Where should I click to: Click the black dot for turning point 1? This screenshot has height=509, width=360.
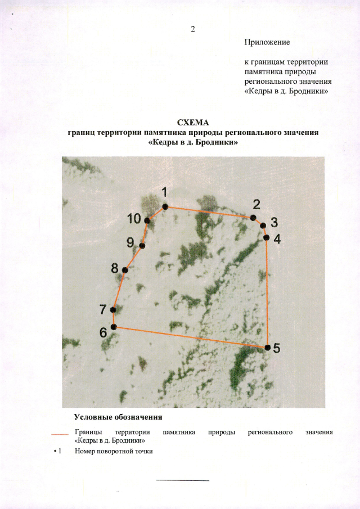pos(165,207)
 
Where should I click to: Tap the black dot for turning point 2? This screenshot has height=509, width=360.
pos(253,218)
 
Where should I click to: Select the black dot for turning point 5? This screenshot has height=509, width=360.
pos(268,348)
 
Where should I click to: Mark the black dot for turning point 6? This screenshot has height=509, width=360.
pos(114,327)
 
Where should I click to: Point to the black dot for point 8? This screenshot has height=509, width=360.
pos(125,270)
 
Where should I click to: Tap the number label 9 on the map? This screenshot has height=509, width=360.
pos(130,242)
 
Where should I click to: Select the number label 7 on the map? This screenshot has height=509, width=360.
pos(103,309)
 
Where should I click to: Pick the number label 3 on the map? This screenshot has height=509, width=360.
pos(274,222)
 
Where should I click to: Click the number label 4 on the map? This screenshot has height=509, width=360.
pos(277,238)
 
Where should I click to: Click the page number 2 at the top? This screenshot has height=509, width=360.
pos(192,29)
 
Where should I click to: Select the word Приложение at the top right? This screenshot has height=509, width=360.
pos(267,42)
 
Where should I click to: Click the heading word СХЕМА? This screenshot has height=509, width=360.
pos(193,123)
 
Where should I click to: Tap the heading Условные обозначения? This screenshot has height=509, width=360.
pos(118,417)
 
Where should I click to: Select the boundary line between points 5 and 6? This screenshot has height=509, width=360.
pos(191,337)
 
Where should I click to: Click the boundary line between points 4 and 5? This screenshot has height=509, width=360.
pos(267,292)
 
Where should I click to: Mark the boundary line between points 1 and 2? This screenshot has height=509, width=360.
pos(209,212)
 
